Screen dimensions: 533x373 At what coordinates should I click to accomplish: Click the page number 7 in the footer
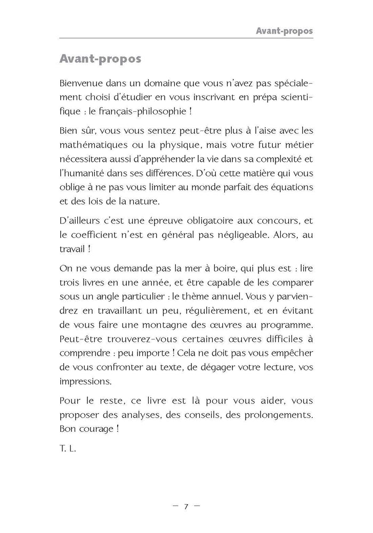pos(186,506)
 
